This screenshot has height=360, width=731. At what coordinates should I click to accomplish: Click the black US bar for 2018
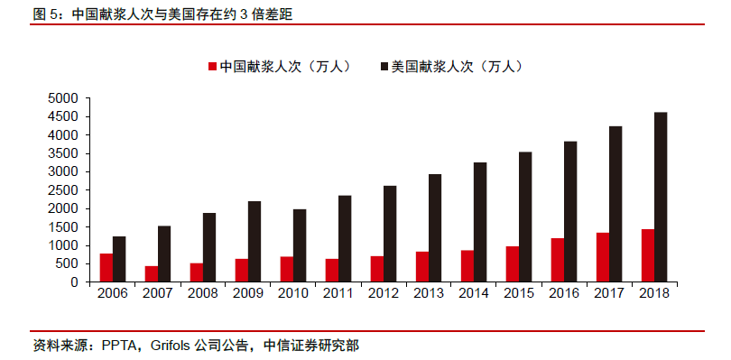click(661, 197)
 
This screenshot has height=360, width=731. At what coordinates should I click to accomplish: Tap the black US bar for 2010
click(300, 245)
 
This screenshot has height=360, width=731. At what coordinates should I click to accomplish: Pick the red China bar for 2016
click(558, 260)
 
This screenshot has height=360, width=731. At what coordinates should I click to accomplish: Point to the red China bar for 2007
click(152, 273)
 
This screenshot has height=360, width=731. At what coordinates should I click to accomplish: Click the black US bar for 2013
click(435, 227)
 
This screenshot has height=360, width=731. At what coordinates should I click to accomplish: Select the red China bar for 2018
click(648, 255)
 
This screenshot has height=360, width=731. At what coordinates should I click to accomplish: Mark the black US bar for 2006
click(119, 259)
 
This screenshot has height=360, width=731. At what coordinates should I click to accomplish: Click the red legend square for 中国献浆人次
click(212, 67)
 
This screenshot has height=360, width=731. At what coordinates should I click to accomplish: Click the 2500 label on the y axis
click(64, 189)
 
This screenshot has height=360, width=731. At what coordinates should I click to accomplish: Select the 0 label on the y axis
click(75, 282)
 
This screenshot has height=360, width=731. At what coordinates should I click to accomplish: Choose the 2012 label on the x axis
click(384, 293)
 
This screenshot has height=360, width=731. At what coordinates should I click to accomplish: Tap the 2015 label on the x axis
click(519, 293)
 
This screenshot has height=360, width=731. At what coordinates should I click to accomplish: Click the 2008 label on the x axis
click(203, 293)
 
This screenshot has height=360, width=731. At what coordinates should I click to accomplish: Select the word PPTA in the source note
click(121, 345)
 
